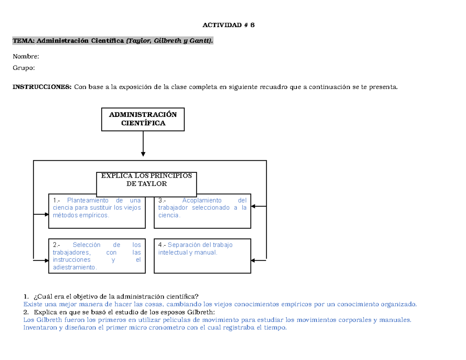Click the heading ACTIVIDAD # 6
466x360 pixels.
coord(228,25)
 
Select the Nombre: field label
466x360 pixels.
coord(26,57)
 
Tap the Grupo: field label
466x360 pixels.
coord(24,68)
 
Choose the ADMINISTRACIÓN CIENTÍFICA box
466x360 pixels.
coord(143,119)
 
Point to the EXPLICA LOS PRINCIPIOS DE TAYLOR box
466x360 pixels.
coord(146,184)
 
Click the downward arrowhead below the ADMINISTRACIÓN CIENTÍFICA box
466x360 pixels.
coord(143,154)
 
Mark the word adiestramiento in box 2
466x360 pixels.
coord(74,268)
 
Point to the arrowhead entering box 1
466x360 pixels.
coord(46,214)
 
